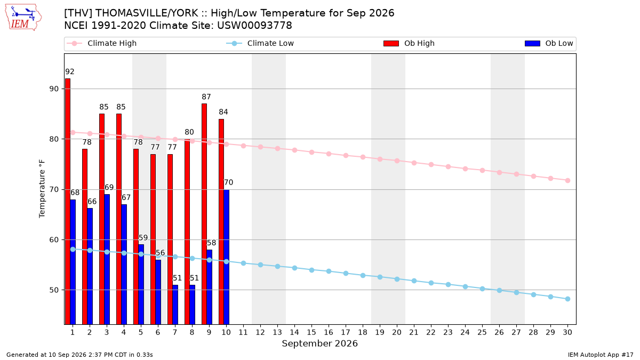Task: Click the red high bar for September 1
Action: click(x=68, y=202)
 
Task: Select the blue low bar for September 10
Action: click(x=226, y=257)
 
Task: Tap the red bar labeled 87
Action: click(x=204, y=214)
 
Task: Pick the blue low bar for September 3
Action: click(x=107, y=259)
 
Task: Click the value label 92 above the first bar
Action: click(x=70, y=71)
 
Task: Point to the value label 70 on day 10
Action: click(x=228, y=182)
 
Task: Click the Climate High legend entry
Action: click(x=102, y=43)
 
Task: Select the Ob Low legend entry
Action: click(x=549, y=43)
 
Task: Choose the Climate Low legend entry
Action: click(x=260, y=43)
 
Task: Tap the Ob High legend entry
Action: click(x=409, y=43)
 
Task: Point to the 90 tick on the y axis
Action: click(x=54, y=89)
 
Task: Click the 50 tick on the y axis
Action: click(x=54, y=290)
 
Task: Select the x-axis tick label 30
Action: click(x=567, y=332)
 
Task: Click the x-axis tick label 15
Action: click(x=311, y=332)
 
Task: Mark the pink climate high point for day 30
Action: click(x=567, y=181)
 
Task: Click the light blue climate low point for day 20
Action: click(x=397, y=279)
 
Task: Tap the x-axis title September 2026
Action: click(x=319, y=343)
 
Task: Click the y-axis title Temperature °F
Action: click(x=42, y=189)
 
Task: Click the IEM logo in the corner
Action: click(x=23, y=17)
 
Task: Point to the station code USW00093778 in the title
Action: click(x=254, y=26)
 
